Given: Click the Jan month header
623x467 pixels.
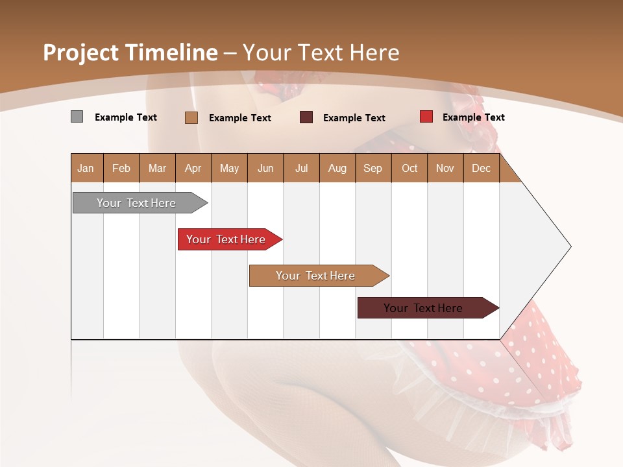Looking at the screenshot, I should (x=86, y=168).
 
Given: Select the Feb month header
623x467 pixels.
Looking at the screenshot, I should (x=121, y=168).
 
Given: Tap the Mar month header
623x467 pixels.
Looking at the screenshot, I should (x=157, y=168).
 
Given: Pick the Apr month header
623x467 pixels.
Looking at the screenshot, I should (x=193, y=168).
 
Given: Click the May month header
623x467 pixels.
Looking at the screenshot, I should (x=229, y=168).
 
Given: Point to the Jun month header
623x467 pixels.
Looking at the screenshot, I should (x=265, y=168).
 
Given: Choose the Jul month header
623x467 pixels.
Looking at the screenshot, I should (x=301, y=168).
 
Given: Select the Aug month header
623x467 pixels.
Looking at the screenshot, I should (x=337, y=168).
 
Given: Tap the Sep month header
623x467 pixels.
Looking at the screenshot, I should (x=373, y=168).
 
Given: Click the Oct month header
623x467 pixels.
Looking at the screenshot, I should (x=409, y=168).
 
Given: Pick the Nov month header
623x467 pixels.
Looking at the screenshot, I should (x=445, y=168).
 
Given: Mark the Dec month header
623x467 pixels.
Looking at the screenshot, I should (x=482, y=168).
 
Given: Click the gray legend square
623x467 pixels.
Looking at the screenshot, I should (x=77, y=117).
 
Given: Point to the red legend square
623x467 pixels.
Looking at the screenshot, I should (x=426, y=117).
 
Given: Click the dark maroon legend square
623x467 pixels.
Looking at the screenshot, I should (x=306, y=117).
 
